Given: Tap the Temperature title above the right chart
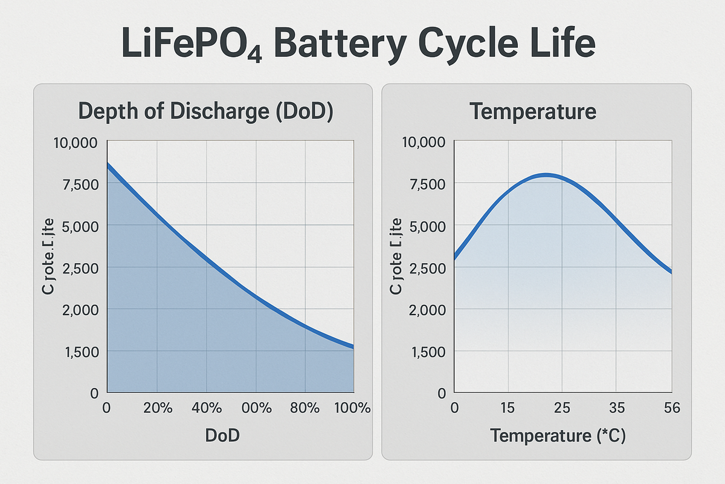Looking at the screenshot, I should coord(533,112).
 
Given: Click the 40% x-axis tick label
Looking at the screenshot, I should coord(206,408).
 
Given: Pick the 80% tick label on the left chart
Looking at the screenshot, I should coord(304,408).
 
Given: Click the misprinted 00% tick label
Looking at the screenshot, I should coord(256,408).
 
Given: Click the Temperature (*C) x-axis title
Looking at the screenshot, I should coord(558,436).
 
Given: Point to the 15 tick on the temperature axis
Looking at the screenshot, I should coord(507,408).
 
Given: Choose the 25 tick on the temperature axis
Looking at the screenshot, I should coord(562,408).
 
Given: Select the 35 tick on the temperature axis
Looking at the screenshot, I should coord(616,408).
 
